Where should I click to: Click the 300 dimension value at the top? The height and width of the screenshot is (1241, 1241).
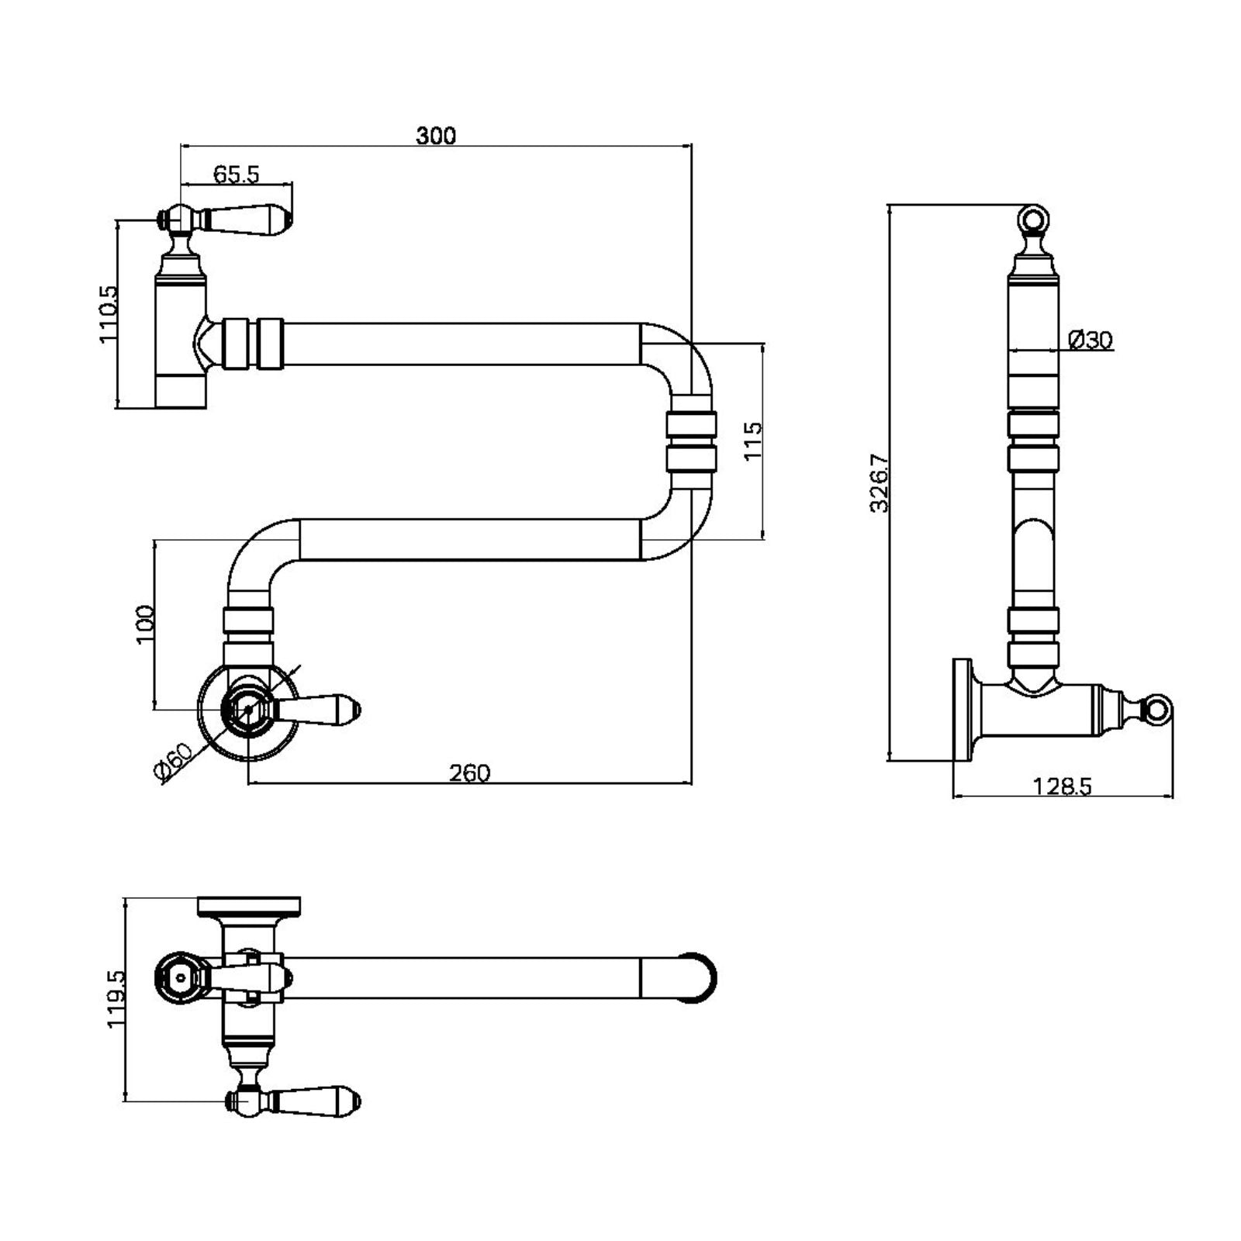point(436,136)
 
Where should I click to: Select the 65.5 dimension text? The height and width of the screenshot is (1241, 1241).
point(236,175)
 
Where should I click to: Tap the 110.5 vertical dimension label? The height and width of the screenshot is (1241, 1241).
point(109,314)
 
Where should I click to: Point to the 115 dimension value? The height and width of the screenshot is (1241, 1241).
point(753,441)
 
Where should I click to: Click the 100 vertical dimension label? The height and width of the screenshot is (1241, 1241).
point(145,624)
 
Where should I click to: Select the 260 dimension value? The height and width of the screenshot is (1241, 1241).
point(469,773)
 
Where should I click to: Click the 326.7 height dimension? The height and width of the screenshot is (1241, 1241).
point(879,482)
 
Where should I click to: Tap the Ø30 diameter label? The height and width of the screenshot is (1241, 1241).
point(1090,340)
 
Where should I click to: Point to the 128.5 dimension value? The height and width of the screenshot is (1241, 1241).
point(1062,786)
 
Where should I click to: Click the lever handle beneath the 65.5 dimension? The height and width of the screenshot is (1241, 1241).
point(248,219)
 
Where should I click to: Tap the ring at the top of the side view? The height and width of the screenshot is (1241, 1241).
point(1032,219)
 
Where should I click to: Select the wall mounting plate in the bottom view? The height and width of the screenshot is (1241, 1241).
point(249,905)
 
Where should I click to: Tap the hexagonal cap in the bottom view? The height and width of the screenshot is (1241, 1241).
point(181,977)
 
